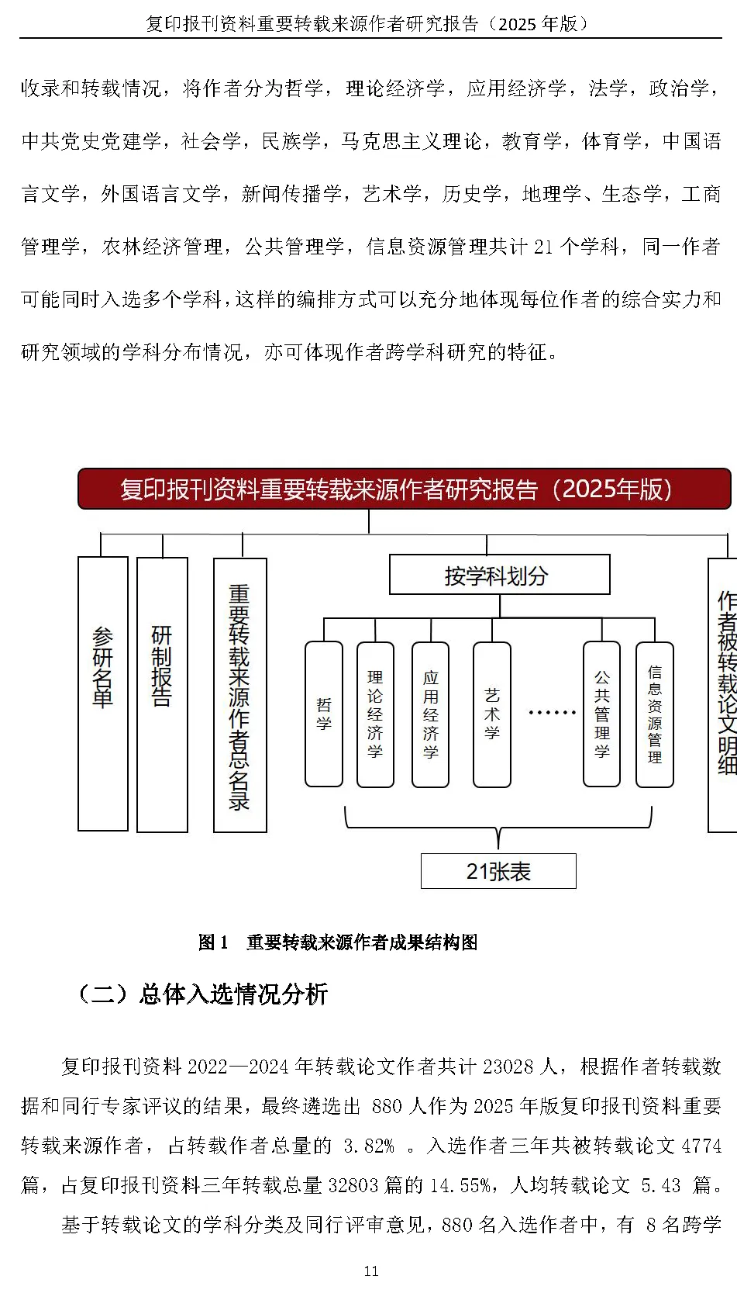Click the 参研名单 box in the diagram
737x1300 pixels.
(103, 693)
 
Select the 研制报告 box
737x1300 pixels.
(162, 694)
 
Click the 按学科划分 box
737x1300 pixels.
(499, 575)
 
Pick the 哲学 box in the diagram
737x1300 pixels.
(324, 714)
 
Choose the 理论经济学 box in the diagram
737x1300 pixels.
(375, 714)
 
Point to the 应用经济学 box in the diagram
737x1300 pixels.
(430, 714)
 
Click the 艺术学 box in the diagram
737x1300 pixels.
(491, 714)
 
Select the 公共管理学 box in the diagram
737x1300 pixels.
(601, 714)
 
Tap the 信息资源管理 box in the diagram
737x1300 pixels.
(655, 714)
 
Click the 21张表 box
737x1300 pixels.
(498, 871)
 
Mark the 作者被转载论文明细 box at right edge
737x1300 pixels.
(724, 694)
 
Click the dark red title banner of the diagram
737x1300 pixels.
(404, 489)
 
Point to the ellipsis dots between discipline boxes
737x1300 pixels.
(552, 712)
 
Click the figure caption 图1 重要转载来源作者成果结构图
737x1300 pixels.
(338, 942)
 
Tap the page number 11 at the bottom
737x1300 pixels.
(371, 1271)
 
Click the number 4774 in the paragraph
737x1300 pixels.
(701, 1146)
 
